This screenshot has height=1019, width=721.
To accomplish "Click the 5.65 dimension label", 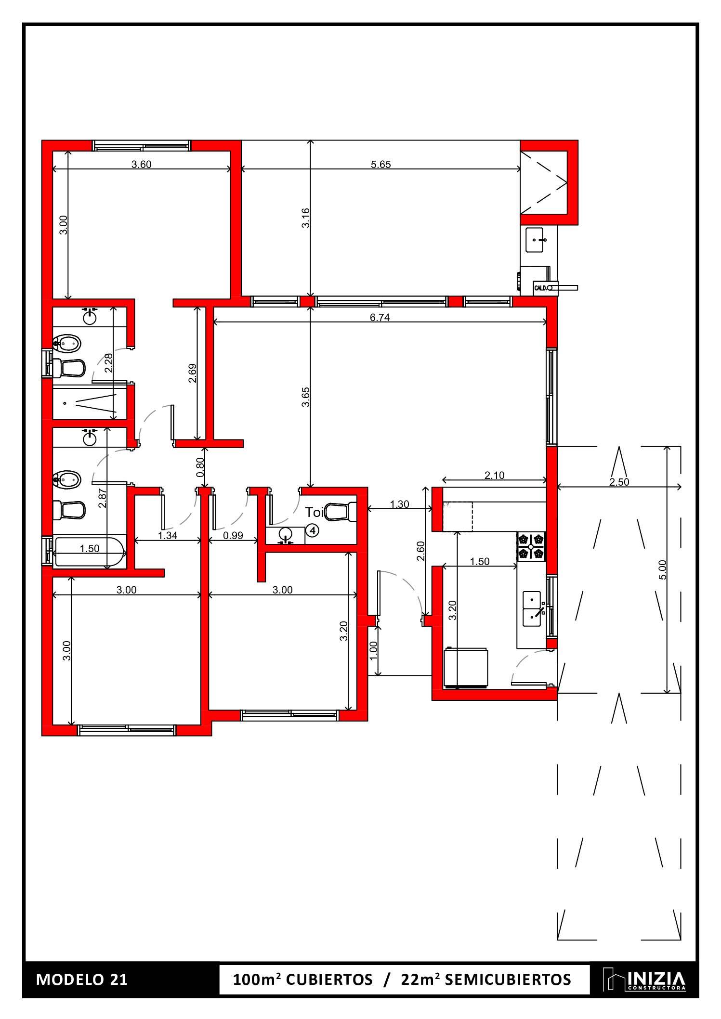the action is pyautogui.click(x=380, y=165).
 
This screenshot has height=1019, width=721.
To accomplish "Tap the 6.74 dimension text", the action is pyautogui.click(x=380, y=317).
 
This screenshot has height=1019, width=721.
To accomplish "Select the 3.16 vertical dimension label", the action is pyautogui.click(x=305, y=218).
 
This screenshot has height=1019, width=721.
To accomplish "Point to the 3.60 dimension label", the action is pyautogui.click(x=141, y=165).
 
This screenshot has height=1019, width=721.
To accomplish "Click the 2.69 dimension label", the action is pyautogui.click(x=192, y=373).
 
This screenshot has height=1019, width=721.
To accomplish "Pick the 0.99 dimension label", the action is pyautogui.click(x=233, y=535).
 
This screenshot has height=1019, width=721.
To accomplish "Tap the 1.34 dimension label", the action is pyautogui.click(x=168, y=535).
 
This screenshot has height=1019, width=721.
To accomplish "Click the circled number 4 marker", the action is pyautogui.click(x=313, y=530).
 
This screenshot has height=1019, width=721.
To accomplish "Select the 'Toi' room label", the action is pyautogui.click(x=314, y=513).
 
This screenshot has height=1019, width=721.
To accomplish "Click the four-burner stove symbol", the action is pyautogui.click(x=531, y=546).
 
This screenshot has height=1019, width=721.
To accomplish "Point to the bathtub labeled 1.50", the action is pyautogui.click(x=89, y=553).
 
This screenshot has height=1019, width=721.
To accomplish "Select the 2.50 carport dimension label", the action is pyautogui.click(x=619, y=482).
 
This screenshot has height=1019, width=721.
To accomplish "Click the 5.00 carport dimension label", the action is pyautogui.click(x=662, y=569).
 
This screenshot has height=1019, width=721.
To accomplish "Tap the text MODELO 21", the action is pyautogui.click(x=82, y=980).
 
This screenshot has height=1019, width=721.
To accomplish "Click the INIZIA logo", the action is pyautogui.click(x=644, y=980).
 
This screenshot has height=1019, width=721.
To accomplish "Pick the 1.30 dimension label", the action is pyautogui.click(x=399, y=504).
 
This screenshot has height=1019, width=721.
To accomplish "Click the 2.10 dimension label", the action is pyautogui.click(x=494, y=475).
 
